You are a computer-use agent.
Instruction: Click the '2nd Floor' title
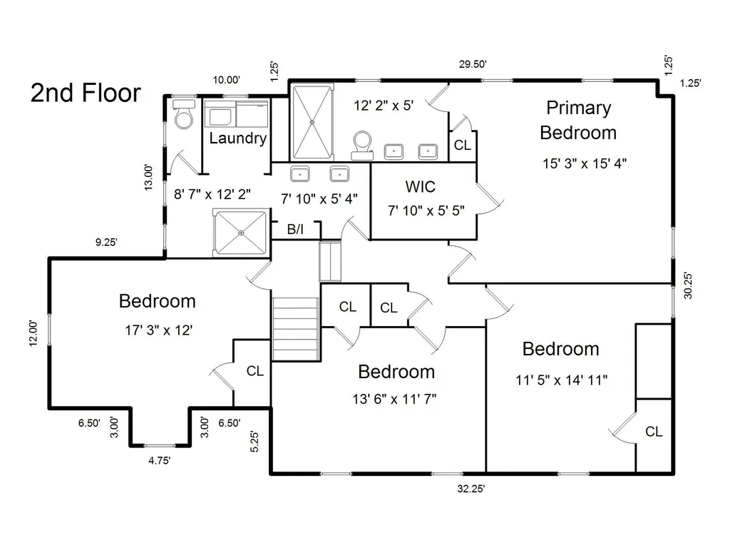pos(86,93)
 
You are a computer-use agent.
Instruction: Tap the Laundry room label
pos(238,138)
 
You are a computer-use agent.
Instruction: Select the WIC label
pos(421,187)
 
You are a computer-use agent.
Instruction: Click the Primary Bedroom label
pos(578,120)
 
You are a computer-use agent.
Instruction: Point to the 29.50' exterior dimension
pos(473,64)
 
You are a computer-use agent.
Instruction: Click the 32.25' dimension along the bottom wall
pos(471,488)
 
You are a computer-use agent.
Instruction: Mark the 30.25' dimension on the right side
pos(688,285)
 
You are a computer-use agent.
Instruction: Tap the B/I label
pos(295,229)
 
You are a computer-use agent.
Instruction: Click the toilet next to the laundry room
pos(183,113)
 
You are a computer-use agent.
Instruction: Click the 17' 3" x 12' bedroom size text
pos(158,330)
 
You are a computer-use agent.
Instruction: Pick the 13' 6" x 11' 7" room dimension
pos(394,400)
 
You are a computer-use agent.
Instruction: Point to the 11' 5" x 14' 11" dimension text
pos(562,380)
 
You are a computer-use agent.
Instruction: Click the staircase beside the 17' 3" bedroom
pos(296,329)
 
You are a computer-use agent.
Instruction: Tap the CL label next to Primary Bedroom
pos(462,146)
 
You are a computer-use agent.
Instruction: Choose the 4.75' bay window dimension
pos(159,460)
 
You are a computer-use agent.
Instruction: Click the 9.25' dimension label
pos(106,242)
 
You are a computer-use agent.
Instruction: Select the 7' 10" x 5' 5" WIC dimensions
pos(426,211)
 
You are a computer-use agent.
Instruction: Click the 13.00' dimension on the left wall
pos(148,177)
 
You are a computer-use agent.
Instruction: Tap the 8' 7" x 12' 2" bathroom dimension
pos(212,194)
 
